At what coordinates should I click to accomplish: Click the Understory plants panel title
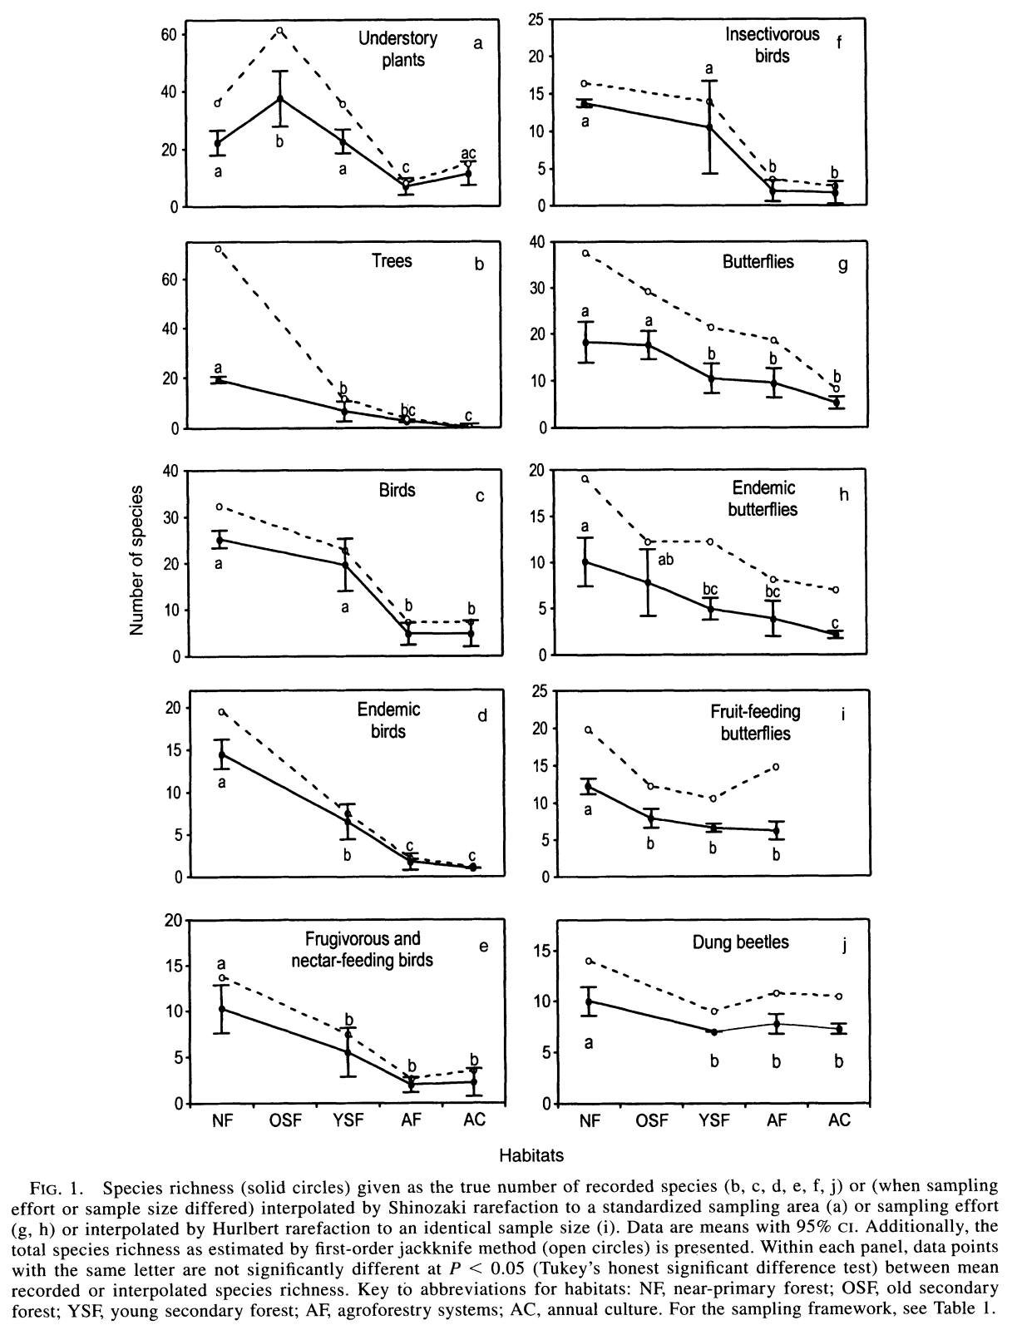(397, 49)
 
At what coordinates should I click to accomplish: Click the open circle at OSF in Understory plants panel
(280, 31)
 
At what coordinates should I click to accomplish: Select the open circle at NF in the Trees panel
(219, 249)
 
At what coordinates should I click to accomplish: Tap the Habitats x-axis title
(531, 1155)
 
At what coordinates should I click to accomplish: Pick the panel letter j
(844, 947)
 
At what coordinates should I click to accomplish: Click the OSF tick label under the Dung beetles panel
(652, 1120)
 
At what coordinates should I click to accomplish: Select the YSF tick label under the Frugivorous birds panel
(348, 1120)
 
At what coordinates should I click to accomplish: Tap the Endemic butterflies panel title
(763, 498)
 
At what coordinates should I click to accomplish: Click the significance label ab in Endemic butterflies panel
(665, 560)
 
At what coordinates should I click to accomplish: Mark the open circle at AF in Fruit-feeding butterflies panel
(776, 766)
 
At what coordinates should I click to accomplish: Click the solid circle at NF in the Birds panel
(220, 540)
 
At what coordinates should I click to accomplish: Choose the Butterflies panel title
(758, 262)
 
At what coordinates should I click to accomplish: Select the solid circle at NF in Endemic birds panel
(222, 755)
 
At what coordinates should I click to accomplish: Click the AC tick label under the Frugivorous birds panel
(474, 1120)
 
